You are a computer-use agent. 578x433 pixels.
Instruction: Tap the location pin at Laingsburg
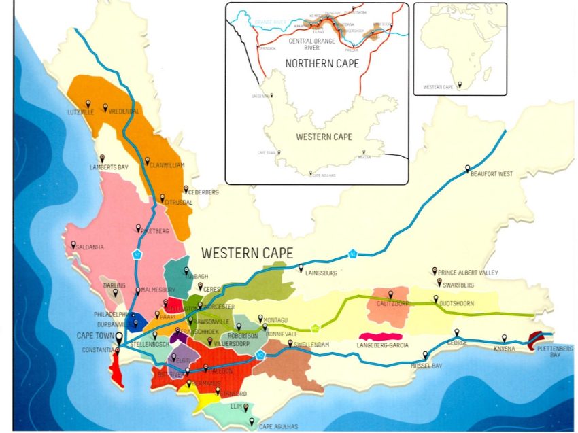click(301, 269)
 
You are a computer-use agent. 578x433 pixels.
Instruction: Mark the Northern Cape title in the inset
click(318, 64)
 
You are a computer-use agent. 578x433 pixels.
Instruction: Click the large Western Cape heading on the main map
click(247, 254)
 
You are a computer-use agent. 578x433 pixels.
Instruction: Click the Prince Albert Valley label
click(469, 273)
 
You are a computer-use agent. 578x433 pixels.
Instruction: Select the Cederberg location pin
click(185, 188)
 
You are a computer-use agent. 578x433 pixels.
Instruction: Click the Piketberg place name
click(153, 231)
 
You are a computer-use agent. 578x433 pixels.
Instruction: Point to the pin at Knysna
click(504, 338)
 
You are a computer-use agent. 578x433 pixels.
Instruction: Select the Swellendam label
click(313, 345)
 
